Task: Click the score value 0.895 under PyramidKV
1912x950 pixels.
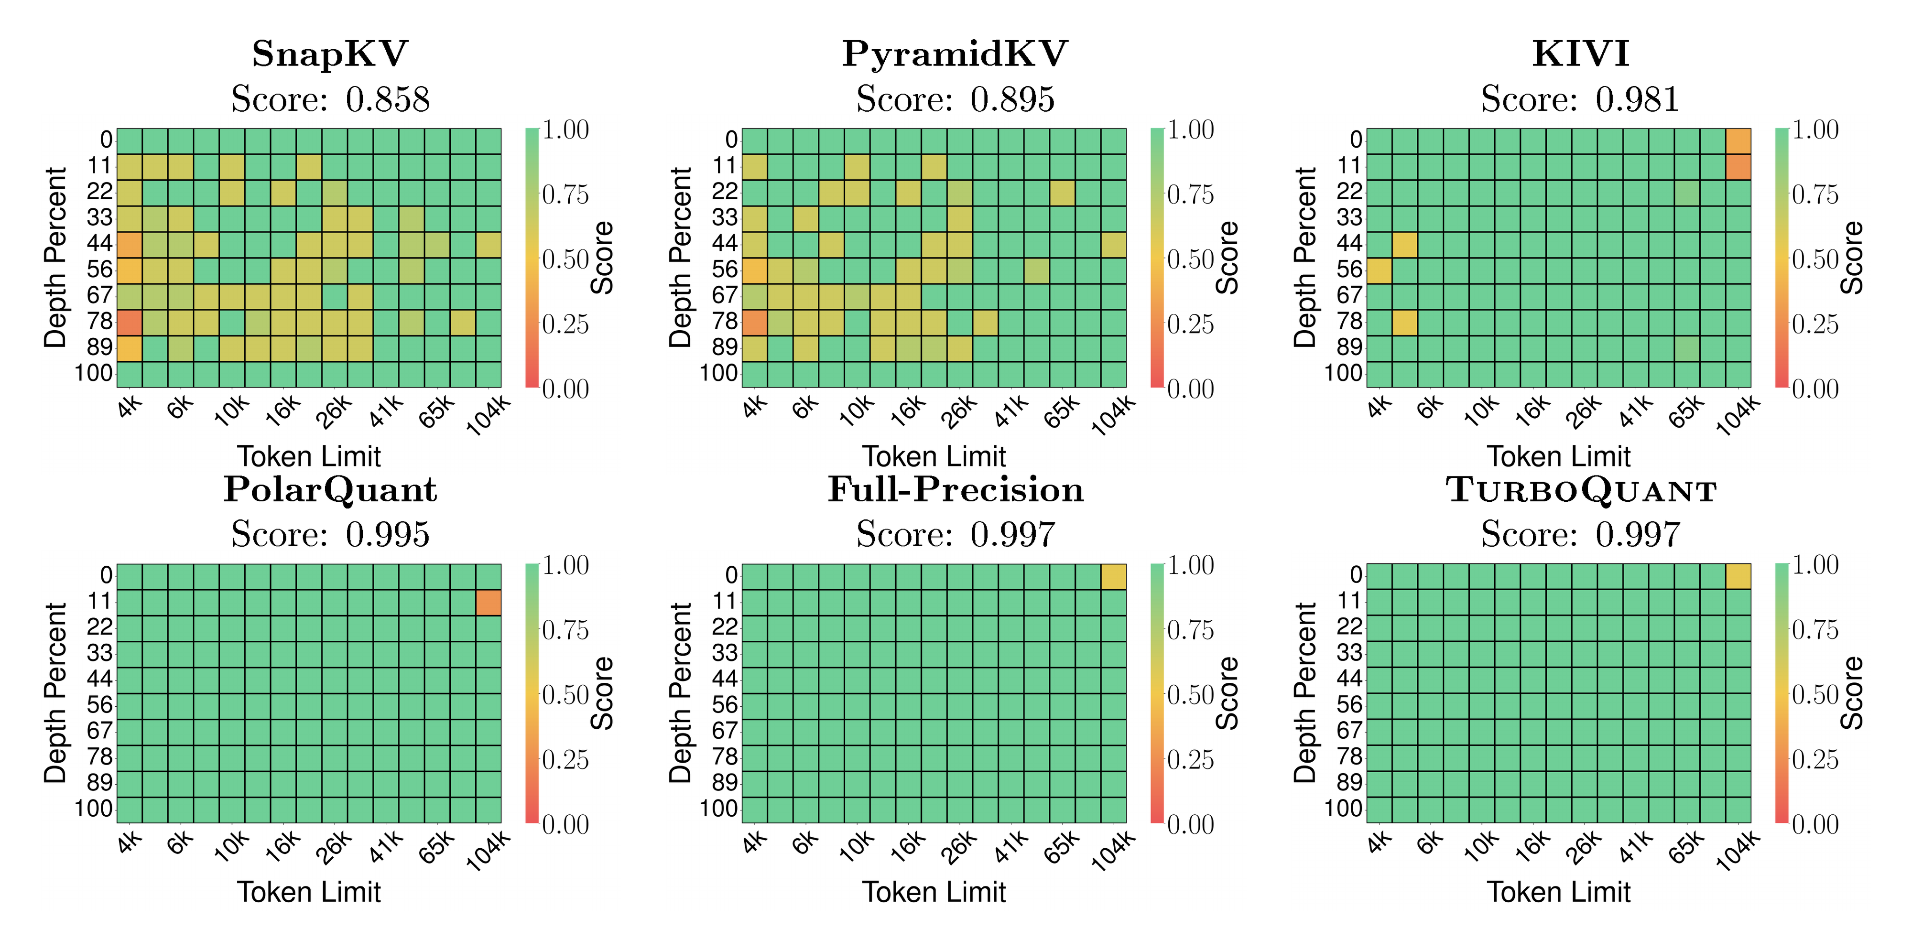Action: pyautogui.click(x=1011, y=99)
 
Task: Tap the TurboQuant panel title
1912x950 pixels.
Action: pyautogui.click(x=1581, y=490)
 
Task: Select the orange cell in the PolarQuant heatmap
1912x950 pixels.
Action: pyautogui.click(x=489, y=603)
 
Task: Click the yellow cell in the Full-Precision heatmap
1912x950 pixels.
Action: pyautogui.click(x=1113, y=577)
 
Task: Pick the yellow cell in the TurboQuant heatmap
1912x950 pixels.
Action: pyautogui.click(x=1738, y=577)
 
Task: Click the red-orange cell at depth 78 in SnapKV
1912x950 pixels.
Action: pyautogui.click(x=129, y=322)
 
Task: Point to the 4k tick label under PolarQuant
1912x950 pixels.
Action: pyautogui.click(x=129, y=844)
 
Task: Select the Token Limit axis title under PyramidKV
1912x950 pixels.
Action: pyautogui.click(x=934, y=456)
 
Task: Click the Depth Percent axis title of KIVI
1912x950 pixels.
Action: pyautogui.click(x=1304, y=258)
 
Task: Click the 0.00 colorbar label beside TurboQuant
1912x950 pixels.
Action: pyautogui.click(x=1815, y=825)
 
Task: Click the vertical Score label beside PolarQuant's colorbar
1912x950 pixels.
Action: pyautogui.click(x=602, y=693)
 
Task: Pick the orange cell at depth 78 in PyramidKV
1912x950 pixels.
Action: pyautogui.click(x=754, y=322)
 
